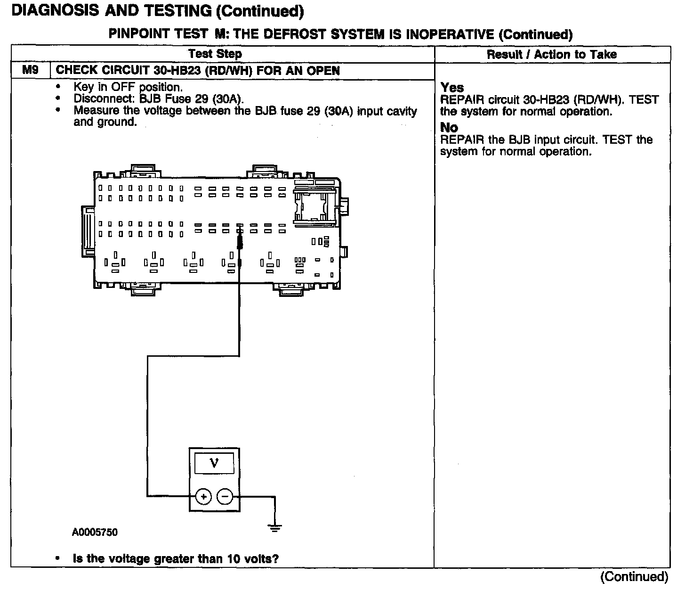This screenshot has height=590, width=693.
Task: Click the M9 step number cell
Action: [30, 71]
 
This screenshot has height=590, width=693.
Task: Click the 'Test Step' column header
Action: [215, 54]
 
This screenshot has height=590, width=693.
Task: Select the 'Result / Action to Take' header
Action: [551, 55]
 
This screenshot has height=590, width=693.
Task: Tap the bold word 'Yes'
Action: [452, 88]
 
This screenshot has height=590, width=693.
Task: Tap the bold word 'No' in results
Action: [449, 128]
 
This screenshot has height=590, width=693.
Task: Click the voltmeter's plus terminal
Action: [203, 496]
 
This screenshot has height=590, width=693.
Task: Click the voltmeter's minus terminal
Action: [225, 496]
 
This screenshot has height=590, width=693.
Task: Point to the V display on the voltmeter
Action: [214, 463]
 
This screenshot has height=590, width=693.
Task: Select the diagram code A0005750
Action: [95, 533]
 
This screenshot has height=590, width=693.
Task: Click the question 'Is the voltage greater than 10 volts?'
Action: [176, 559]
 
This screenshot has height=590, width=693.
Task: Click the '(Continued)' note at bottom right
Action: [634, 577]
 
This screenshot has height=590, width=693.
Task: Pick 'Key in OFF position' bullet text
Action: [128, 87]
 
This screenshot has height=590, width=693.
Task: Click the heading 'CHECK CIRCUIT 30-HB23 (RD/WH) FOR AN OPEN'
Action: [198, 71]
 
